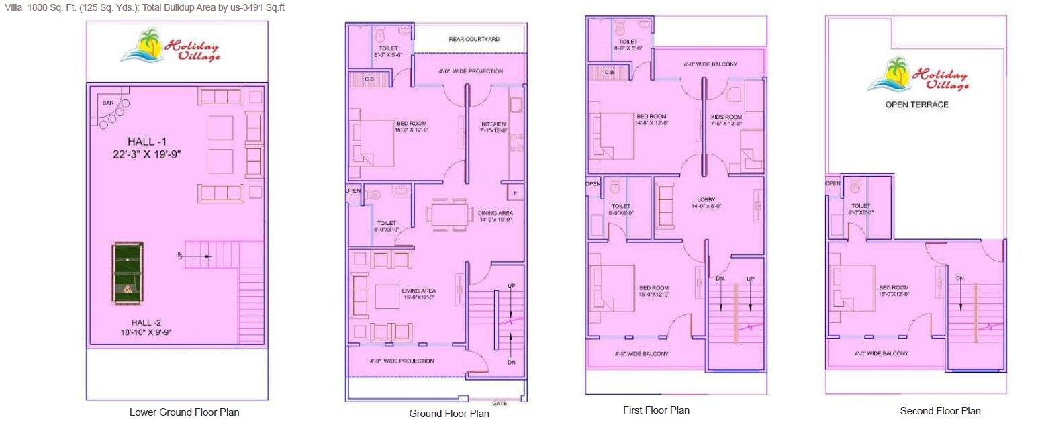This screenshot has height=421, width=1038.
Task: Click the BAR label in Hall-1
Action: [x=107, y=103]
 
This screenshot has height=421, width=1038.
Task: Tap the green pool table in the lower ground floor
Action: [x=127, y=272]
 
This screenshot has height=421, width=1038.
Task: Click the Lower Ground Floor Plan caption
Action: [x=184, y=412]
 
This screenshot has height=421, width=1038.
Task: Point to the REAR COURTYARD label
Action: [x=474, y=40]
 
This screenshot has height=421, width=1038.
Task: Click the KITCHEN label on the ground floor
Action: [x=493, y=124]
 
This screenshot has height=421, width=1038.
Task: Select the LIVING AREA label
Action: [x=419, y=291]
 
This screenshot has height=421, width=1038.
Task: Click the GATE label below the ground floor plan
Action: [x=499, y=404]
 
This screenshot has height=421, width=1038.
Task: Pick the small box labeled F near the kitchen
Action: [x=515, y=193]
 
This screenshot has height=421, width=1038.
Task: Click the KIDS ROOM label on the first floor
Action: [x=726, y=117]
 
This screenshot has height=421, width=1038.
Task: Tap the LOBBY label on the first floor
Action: [x=706, y=199]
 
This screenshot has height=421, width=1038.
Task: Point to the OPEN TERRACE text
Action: [x=916, y=105]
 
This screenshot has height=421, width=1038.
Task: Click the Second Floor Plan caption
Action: [x=940, y=411]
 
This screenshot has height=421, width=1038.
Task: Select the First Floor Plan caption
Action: [x=655, y=410]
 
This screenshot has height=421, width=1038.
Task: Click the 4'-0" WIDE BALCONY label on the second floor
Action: [x=881, y=353]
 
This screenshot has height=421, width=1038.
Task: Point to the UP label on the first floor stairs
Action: [x=751, y=278]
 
